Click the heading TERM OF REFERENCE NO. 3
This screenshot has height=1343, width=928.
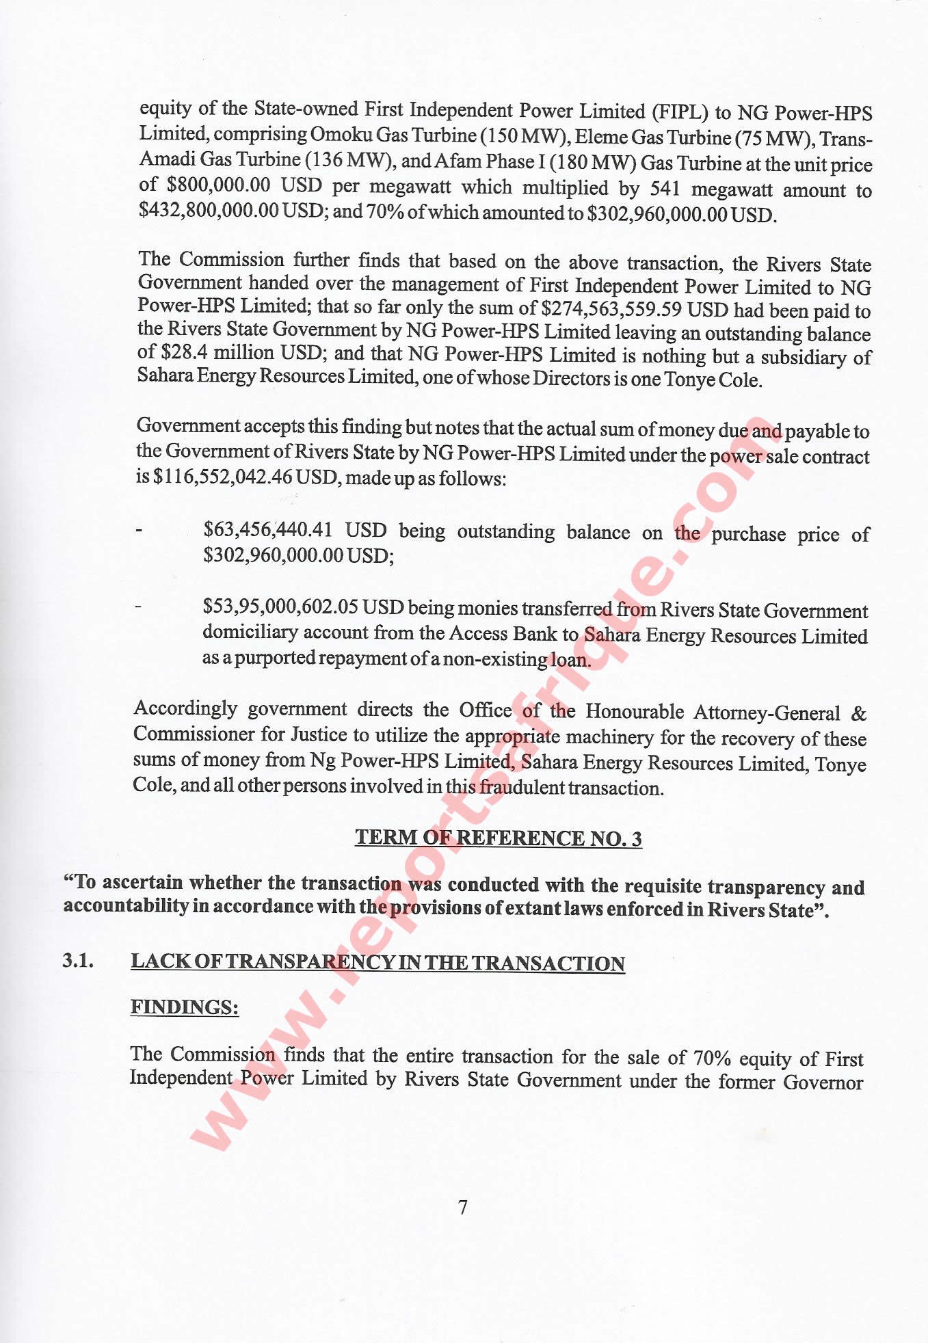(498, 838)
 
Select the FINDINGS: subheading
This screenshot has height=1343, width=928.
(185, 1007)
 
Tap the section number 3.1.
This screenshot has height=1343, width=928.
(77, 961)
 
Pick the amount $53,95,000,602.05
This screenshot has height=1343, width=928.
(280, 607)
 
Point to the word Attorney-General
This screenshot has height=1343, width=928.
(767, 713)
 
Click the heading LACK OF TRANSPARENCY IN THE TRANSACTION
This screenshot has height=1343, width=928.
(377, 963)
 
